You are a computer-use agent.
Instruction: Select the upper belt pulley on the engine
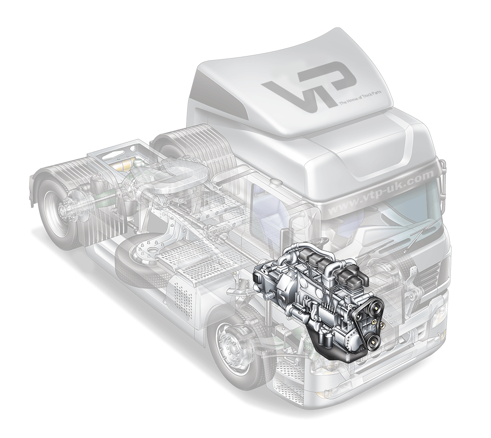point(375,307)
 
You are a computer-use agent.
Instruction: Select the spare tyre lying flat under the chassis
point(147,255)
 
